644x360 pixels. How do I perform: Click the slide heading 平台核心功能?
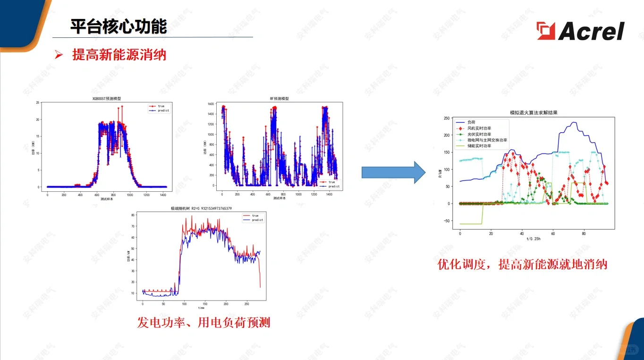click(x=119, y=26)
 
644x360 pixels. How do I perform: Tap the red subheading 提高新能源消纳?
click(x=119, y=55)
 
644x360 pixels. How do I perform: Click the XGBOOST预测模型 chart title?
click(x=107, y=99)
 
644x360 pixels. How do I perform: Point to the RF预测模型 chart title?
click(x=279, y=99)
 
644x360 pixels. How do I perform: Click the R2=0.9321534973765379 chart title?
click(x=201, y=208)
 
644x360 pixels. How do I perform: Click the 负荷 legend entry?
click(x=471, y=122)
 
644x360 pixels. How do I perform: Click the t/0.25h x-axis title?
click(x=534, y=239)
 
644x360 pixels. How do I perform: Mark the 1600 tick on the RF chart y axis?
click(x=210, y=104)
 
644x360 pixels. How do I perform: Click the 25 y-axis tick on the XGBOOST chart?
click(x=37, y=103)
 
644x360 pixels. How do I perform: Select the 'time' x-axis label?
click(x=201, y=308)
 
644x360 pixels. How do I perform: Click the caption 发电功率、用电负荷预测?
click(x=203, y=323)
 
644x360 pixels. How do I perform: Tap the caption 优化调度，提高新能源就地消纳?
click(x=522, y=264)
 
